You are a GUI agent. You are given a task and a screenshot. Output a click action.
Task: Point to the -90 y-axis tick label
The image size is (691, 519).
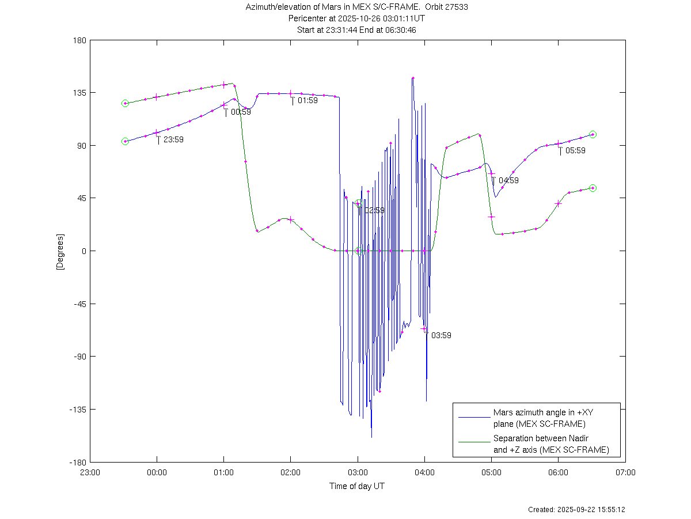pos(79,357)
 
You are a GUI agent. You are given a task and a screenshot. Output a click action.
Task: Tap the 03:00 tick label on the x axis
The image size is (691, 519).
pos(358,472)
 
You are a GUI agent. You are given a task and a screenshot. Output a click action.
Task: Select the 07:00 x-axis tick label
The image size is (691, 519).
pos(625,472)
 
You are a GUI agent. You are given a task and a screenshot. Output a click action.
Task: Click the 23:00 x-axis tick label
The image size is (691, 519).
pos(90,472)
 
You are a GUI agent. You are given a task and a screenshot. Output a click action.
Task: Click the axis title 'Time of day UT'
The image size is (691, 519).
pos(357,486)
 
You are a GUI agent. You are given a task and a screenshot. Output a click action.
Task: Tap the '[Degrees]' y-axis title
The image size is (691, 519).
pos(59,251)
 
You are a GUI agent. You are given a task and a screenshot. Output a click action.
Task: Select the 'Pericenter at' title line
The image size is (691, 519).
pos(356,18)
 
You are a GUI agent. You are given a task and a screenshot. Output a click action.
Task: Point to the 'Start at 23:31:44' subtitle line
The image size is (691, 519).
pos(356,30)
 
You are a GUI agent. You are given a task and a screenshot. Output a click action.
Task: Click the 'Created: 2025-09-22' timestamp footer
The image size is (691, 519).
pos(576,510)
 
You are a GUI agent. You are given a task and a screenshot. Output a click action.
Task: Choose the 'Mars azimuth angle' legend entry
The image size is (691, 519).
pos(539,418)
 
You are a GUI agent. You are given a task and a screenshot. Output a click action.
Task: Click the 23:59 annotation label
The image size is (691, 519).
pos(173,139)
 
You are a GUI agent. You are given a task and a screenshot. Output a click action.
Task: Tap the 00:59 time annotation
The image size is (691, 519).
pos(241,112)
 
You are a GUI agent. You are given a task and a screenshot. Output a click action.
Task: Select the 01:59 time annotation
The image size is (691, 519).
pos(307,101)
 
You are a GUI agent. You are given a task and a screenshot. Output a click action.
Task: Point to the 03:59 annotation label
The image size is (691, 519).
pos(441,335)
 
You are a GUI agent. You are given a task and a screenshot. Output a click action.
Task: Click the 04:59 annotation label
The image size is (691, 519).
pos(508,180)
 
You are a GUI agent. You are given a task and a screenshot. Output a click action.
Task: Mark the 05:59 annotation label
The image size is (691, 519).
pos(575,151)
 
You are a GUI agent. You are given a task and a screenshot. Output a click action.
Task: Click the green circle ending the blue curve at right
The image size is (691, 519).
pos(593,135)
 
